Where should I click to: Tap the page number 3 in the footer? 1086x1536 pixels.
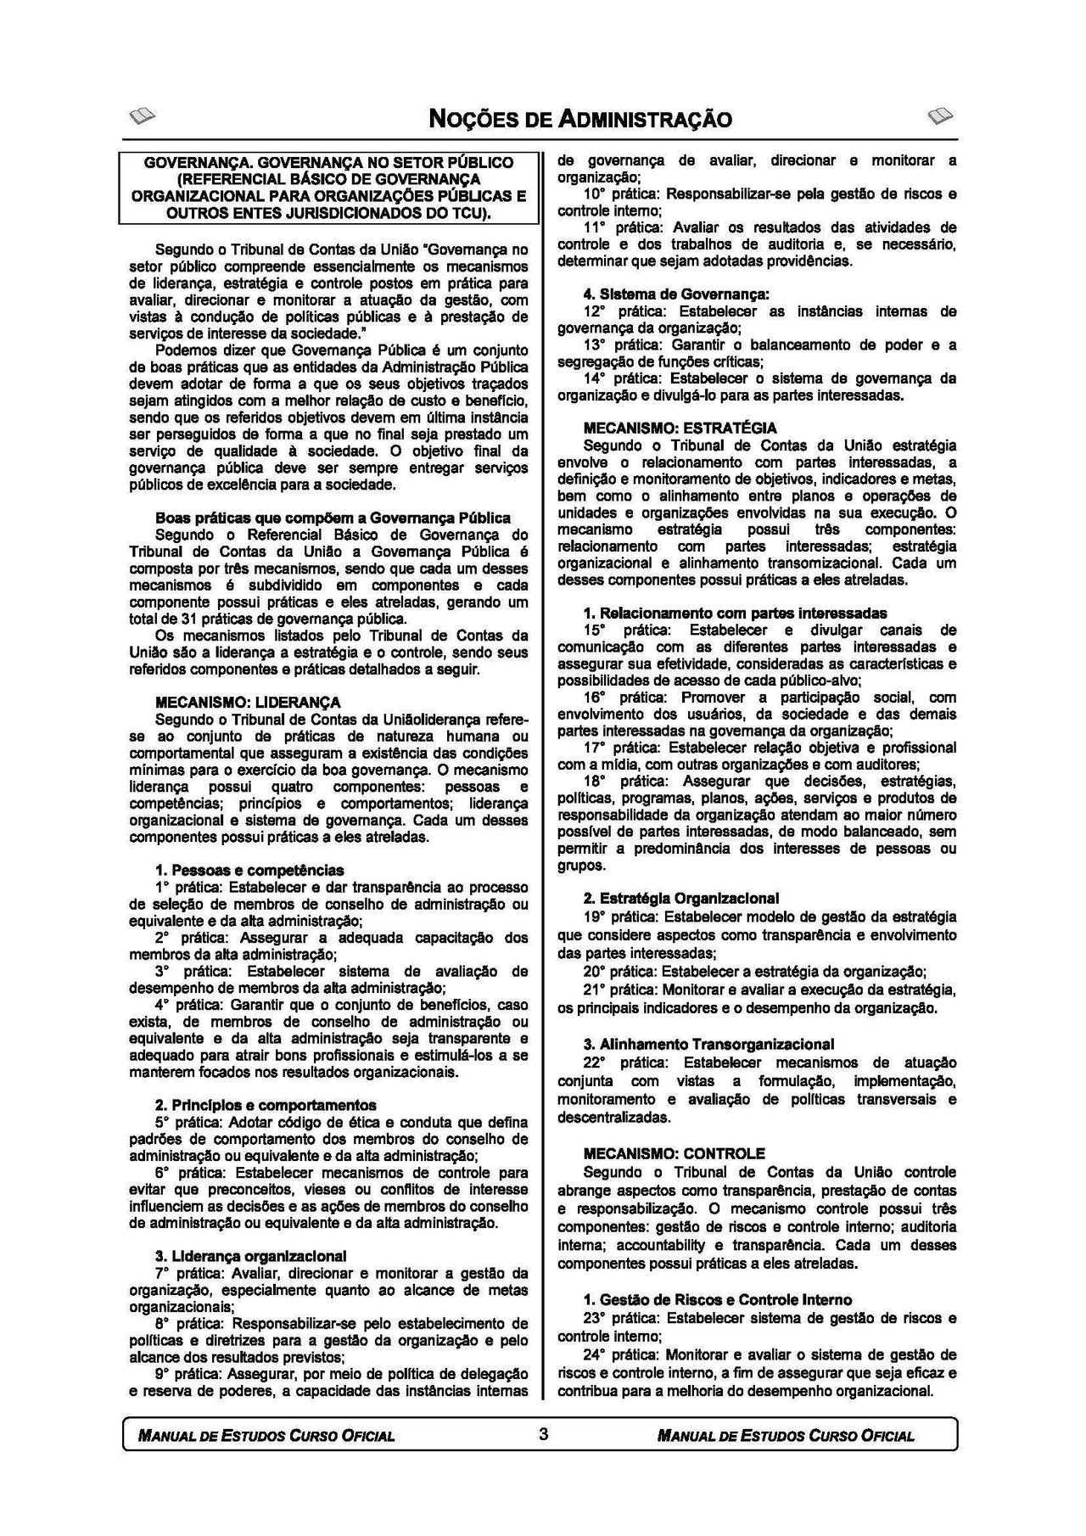point(543,1434)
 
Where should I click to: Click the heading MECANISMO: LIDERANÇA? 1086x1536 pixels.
point(248,703)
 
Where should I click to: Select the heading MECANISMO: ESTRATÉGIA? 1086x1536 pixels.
point(680,429)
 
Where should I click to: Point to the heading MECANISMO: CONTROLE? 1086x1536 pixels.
point(675,1154)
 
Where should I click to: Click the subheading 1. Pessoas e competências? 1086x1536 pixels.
point(249,870)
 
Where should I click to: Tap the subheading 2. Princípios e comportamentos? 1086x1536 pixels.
point(265,1105)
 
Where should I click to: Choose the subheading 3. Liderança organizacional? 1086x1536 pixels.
point(250,1256)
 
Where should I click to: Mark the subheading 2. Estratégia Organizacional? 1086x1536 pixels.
point(680,898)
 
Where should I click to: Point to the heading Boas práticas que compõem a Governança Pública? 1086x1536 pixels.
point(333,518)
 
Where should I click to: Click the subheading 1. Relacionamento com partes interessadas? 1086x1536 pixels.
point(735,613)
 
